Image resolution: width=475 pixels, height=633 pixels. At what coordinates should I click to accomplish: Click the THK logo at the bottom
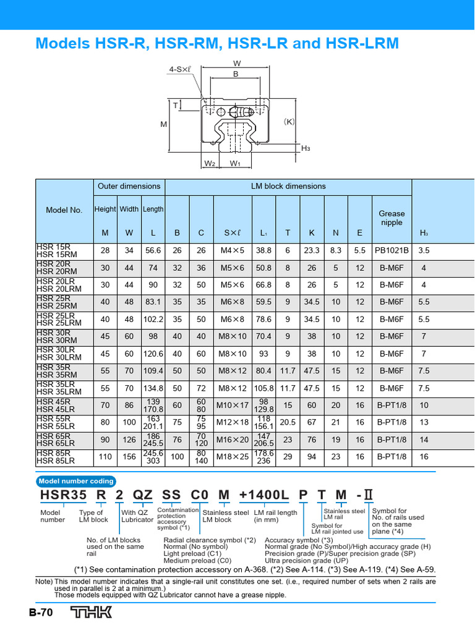[91, 613]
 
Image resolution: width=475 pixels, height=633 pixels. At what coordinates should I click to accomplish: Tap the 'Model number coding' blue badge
[75, 482]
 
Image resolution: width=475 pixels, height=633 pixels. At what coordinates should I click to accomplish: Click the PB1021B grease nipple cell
[392, 251]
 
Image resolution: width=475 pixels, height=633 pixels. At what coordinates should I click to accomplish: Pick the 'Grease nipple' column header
[392, 218]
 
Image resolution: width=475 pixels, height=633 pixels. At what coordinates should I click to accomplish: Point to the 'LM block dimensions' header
[288, 186]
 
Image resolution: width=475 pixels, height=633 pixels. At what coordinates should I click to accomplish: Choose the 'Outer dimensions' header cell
[129, 186]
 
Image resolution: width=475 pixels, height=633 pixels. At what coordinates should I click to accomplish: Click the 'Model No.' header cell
[64, 210]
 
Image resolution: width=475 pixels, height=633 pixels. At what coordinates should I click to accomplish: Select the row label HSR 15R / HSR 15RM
[54, 251]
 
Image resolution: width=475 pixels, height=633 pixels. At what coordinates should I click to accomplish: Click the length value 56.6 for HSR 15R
[153, 251]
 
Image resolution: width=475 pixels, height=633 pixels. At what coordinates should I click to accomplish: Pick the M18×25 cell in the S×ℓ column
[231, 457]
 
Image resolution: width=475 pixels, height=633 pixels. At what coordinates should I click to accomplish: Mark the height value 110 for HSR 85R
[105, 457]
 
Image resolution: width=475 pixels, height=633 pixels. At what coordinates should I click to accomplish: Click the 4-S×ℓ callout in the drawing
[180, 70]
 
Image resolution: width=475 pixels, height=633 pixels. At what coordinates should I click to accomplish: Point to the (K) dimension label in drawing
[288, 122]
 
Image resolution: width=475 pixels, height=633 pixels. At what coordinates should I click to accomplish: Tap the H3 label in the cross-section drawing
[306, 148]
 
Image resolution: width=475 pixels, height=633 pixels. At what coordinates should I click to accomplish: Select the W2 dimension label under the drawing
[209, 164]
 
